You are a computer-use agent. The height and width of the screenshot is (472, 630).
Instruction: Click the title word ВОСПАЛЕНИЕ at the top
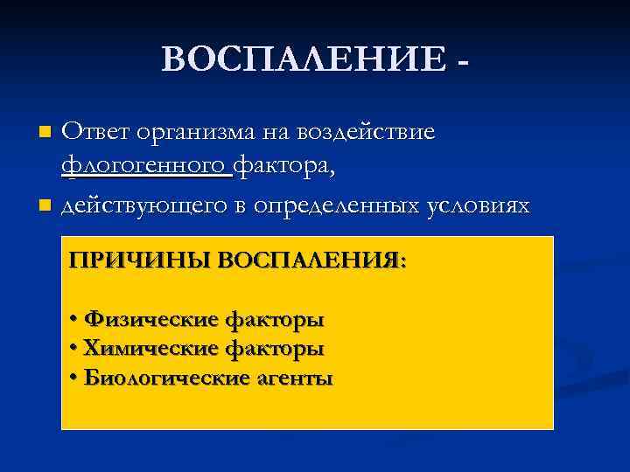point(303,60)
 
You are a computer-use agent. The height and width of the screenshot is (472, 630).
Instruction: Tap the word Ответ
point(100,132)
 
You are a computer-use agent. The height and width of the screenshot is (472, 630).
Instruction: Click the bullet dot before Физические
point(73,319)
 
